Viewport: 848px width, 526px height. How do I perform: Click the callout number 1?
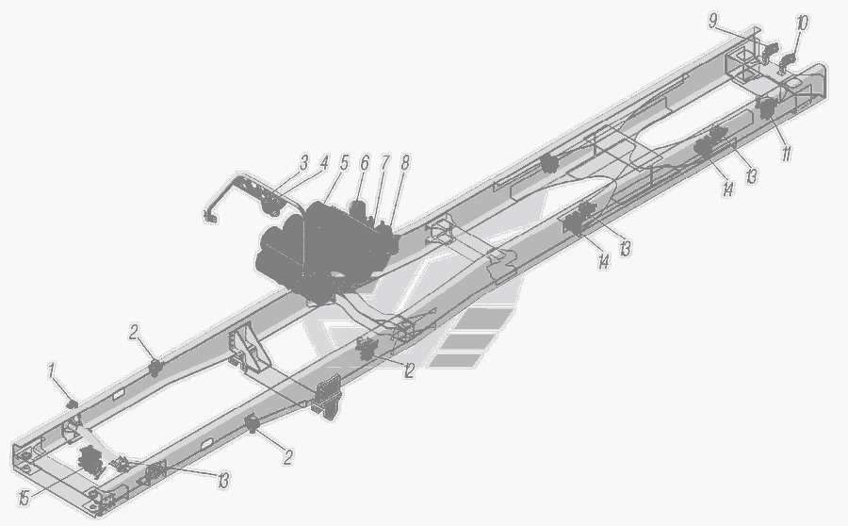[52, 371]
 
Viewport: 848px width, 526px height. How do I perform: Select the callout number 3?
[304, 162]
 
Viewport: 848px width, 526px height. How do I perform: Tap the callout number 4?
[323, 162]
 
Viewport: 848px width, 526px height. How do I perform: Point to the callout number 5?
[344, 162]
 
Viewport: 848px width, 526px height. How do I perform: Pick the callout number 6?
[365, 162]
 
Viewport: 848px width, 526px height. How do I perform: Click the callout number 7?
[384, 162]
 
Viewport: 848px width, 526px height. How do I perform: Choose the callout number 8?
[404, 162]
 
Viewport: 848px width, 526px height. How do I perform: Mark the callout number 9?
[714, 22]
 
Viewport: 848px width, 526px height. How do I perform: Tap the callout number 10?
[802, 24]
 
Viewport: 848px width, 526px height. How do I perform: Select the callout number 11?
[786, 154]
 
